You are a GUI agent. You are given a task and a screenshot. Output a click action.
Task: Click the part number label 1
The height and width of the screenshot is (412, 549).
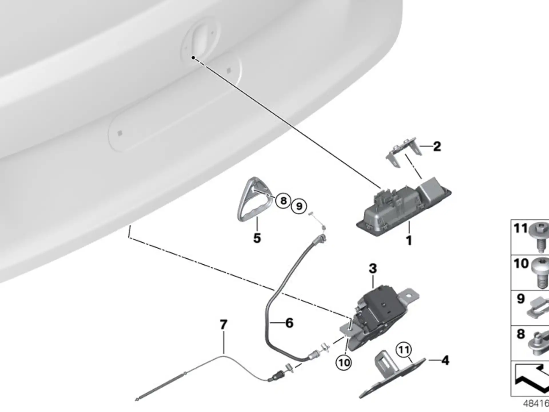(x=409, y=240)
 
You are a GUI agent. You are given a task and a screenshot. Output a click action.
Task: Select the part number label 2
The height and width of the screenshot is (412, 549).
(x=437, y=146)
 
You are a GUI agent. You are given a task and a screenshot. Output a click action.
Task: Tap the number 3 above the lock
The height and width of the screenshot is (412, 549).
(x=373, y=268)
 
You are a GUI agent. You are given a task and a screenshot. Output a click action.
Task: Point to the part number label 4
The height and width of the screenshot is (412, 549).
(x=445, y=360)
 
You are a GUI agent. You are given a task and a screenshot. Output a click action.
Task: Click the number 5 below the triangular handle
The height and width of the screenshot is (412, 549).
(x=257, y=238)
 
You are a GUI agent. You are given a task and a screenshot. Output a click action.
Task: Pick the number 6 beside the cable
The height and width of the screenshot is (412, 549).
(x=289, y=323)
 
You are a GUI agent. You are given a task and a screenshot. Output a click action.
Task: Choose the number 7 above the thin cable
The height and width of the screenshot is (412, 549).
(x=224, y=324)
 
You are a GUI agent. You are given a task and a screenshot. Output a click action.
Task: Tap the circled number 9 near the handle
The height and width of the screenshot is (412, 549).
(x=299, y=206)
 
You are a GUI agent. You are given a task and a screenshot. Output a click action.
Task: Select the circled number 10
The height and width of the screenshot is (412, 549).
(x=344, y=363)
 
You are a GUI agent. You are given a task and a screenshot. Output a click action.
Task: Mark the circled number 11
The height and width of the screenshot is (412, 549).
(x=404, y=350)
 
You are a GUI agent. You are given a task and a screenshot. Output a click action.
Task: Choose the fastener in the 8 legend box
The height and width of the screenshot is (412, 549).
(x=539, y=343)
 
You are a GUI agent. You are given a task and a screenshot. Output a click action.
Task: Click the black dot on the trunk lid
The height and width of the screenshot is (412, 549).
(x=193, y=58)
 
